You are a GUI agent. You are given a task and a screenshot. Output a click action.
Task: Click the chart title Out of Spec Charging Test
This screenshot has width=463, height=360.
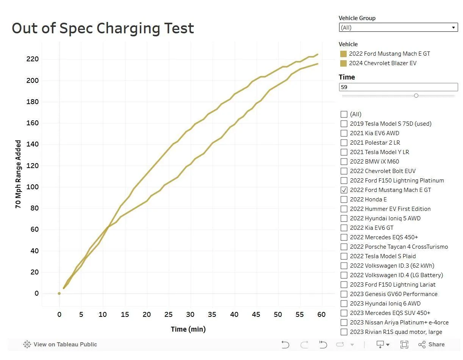[103, 28]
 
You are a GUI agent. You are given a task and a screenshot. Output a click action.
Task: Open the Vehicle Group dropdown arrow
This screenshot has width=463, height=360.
[453, 28]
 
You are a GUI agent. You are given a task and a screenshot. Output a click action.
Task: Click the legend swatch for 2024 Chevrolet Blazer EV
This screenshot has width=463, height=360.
[343, 63]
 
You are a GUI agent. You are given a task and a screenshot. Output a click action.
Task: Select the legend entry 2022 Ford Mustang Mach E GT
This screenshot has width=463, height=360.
[389, 54]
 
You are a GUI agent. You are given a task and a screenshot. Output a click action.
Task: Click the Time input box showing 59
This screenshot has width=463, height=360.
[398, 87]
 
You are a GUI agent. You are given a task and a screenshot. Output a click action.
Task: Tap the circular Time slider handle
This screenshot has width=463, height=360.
[416, 96]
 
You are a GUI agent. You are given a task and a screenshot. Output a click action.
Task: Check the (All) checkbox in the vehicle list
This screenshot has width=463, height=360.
[344, 114]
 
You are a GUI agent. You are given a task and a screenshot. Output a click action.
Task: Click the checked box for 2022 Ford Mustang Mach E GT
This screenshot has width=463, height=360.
[344, 190]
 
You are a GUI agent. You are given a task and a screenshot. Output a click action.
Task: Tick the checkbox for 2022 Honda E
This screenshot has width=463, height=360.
[344, 199]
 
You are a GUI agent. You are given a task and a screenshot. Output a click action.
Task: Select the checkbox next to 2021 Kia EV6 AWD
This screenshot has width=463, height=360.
[344, 133]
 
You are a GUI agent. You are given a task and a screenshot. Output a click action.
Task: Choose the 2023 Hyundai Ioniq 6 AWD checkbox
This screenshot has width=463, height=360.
[344, 303]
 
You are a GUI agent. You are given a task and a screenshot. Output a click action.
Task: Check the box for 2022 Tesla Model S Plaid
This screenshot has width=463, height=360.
[344, 256]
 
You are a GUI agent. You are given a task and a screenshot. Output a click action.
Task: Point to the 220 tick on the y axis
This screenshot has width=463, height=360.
[32, 59]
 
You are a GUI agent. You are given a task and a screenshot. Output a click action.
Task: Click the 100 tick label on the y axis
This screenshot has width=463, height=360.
[32, 187]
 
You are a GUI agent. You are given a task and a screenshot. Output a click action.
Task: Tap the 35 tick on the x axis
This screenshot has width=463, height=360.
[212, 315]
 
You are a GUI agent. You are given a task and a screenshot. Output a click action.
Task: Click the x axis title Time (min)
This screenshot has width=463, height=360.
[188, 329]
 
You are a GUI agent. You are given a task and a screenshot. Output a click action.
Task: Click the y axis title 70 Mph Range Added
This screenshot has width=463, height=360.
[18, 174]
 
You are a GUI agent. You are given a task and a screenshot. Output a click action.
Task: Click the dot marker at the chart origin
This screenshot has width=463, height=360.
[59, 293]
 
